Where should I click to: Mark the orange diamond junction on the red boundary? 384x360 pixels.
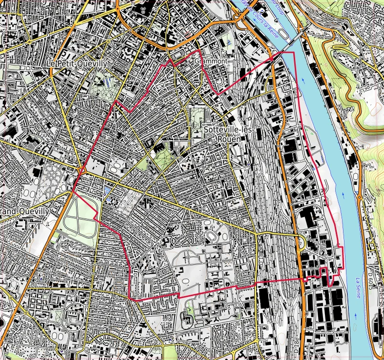coord(82,171)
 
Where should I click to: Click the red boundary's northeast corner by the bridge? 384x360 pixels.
coord(293,52)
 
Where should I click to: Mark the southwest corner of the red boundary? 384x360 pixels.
coord(129,299)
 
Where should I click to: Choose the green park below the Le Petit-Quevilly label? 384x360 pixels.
coord(105,80)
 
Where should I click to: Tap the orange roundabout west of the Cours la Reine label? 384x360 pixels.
coord(239,19)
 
